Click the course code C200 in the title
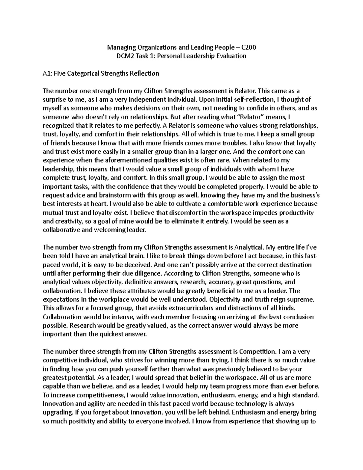point(248,47)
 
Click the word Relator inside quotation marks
point(251,117)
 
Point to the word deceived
point(136,265)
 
